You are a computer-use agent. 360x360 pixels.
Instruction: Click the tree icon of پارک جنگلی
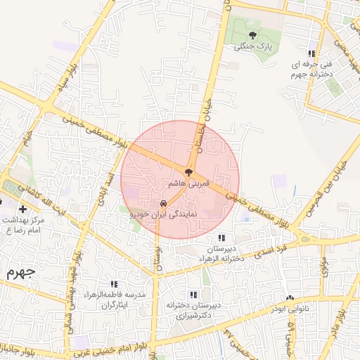point(252,34)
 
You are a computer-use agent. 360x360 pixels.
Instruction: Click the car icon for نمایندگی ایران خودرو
point(164,206)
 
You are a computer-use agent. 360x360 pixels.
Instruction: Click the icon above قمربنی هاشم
point(188,172)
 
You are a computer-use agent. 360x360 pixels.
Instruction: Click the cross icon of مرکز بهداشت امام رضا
point(24,209)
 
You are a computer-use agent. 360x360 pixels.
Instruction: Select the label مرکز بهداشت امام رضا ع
point(24,224)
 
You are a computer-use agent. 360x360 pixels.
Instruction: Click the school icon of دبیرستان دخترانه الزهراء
point(222,238)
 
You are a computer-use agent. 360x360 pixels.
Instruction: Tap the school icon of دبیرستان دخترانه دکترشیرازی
point(193,294)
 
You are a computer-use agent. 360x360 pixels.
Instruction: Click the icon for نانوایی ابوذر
point(290,298)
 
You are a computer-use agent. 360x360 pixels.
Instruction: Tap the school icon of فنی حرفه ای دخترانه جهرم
point(311,54)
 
